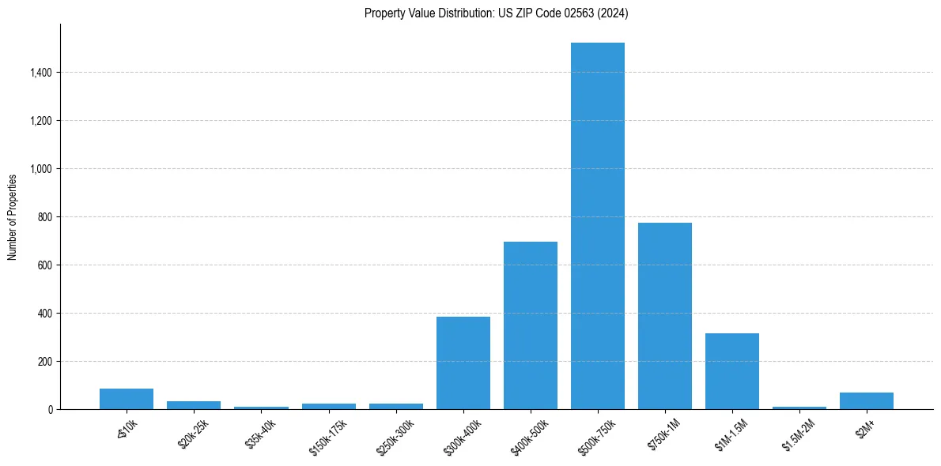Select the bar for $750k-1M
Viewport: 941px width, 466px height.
click(x=665, y=316)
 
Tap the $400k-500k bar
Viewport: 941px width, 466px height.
click(x=531, y=325)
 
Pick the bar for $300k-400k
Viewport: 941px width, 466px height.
click(x=463, y=363)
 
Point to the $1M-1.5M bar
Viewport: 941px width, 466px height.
click(x=732, y=371)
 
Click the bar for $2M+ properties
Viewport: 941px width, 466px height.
click(x=867, y=401)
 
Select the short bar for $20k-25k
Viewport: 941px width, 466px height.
click(x=194, y=405)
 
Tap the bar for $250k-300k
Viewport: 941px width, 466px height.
click(x=396, y=406)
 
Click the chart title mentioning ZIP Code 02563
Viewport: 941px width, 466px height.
click(x=497, y=13)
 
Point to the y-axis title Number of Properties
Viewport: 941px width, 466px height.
click(x=13, y=216)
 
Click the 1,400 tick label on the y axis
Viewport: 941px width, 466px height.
click(x=41, y=73)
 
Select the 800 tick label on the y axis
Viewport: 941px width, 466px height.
click(x=45, y=217)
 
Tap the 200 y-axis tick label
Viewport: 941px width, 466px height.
click(x=45, y=362)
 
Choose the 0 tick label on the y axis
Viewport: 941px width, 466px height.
click(x=50, y=410)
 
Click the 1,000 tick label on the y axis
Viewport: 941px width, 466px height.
click(x=41, y=169)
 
